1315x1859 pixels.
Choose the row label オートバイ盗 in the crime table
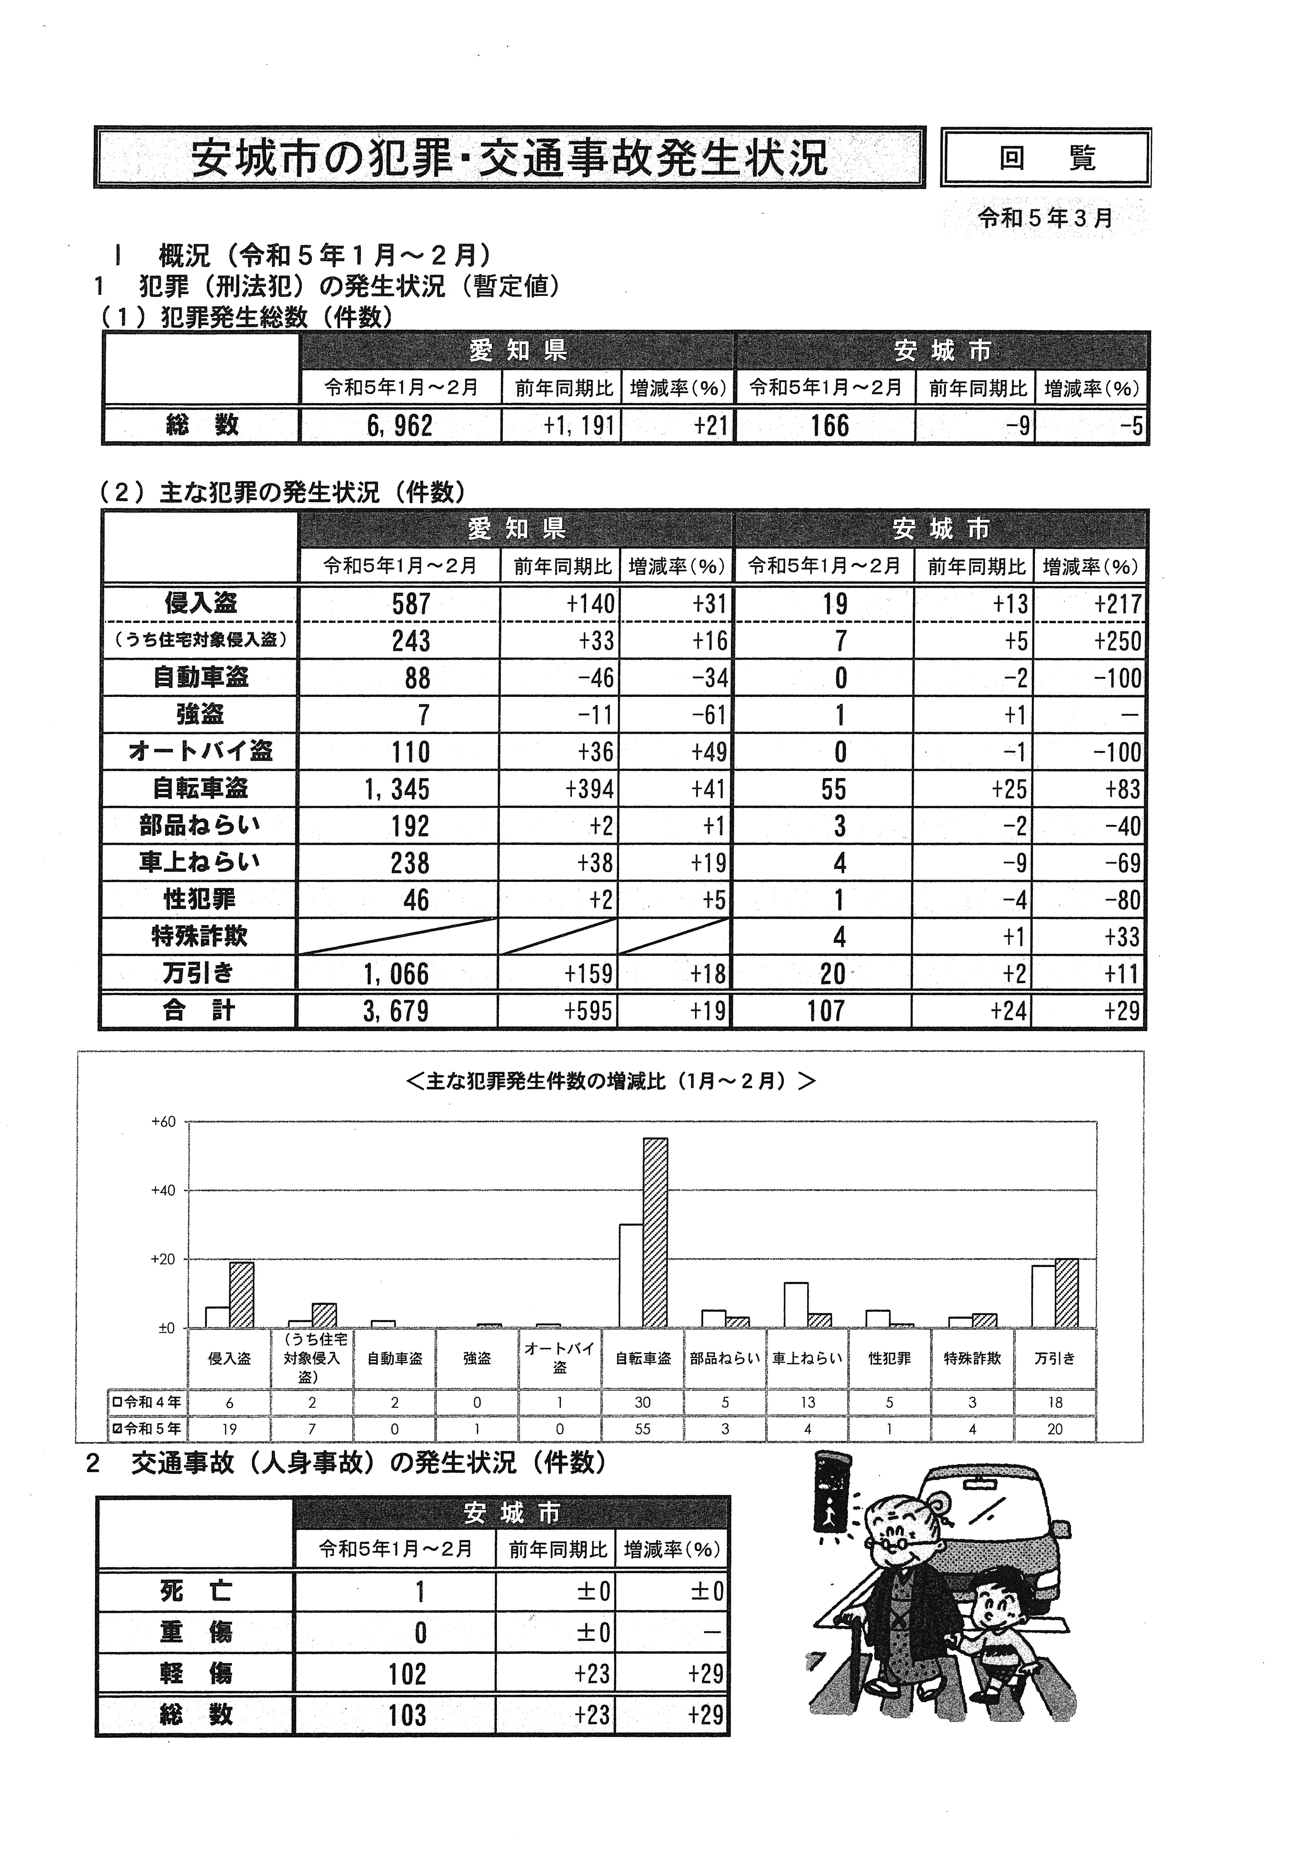[x=200, y=751]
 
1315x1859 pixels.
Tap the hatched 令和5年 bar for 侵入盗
[x=241, y=1295]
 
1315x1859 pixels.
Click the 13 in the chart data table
[x=807, y=1402]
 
